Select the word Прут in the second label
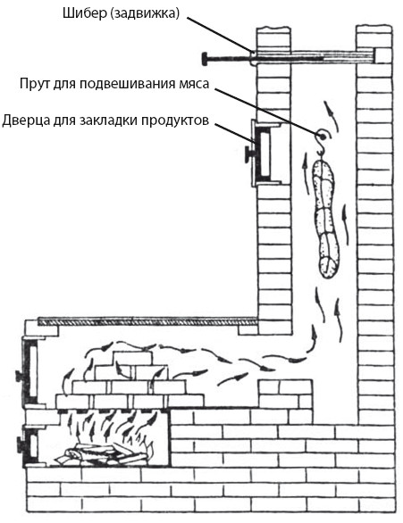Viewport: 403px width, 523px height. [34, 84]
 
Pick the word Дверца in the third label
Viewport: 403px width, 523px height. [25, 120]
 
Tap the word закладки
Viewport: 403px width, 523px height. [108, 120]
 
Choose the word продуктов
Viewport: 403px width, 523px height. [174, 120]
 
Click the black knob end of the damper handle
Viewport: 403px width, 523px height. [205, 60]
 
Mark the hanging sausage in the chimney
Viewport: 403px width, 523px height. [325, 219]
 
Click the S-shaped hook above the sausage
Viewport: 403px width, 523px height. [321, 144]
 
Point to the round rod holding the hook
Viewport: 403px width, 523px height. [323, 136]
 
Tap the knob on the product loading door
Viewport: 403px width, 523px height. [248, 154]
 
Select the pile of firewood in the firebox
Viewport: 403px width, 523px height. [104, 454]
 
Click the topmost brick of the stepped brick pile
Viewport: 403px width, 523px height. [132, 358]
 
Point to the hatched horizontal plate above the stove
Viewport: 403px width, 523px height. [148, 321]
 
